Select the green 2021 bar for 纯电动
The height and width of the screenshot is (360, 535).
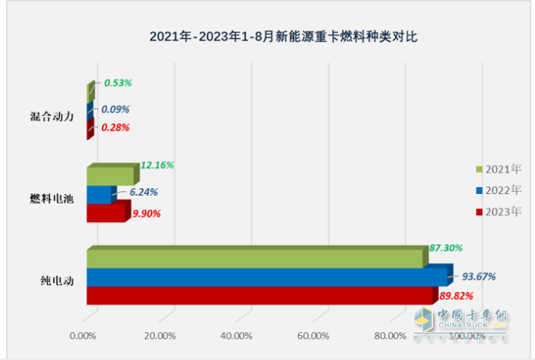[257, 259]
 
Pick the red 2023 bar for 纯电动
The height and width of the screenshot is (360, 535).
[259, 295]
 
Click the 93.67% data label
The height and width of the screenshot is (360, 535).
[479, 276]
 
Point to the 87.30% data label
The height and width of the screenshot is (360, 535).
[445, 248]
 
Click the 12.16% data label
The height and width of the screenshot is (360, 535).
[157, 165]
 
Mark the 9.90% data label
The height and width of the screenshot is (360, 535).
[144, 214]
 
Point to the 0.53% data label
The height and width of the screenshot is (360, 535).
[117, 83]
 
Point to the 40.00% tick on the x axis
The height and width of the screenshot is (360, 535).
[237, 336]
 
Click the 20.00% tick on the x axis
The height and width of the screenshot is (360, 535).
[160, 336]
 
